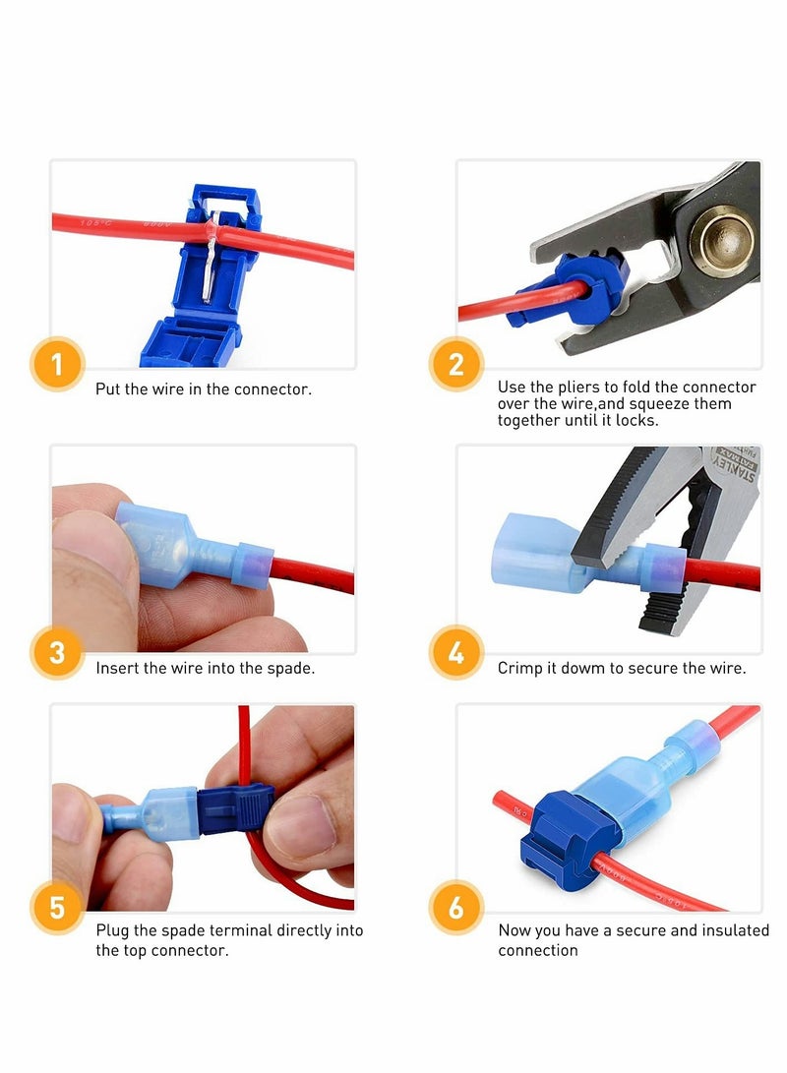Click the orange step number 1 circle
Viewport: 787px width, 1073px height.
pos(56,364)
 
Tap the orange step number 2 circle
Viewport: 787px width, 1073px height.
pos(455,364)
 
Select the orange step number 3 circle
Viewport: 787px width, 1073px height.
pos(56,652)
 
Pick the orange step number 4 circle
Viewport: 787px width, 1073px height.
pos(455,652)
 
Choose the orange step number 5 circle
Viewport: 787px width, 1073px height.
pos(56,907)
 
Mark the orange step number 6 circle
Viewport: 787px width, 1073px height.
pos(455,907)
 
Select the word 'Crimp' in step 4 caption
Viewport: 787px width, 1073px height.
pos(520,669)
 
